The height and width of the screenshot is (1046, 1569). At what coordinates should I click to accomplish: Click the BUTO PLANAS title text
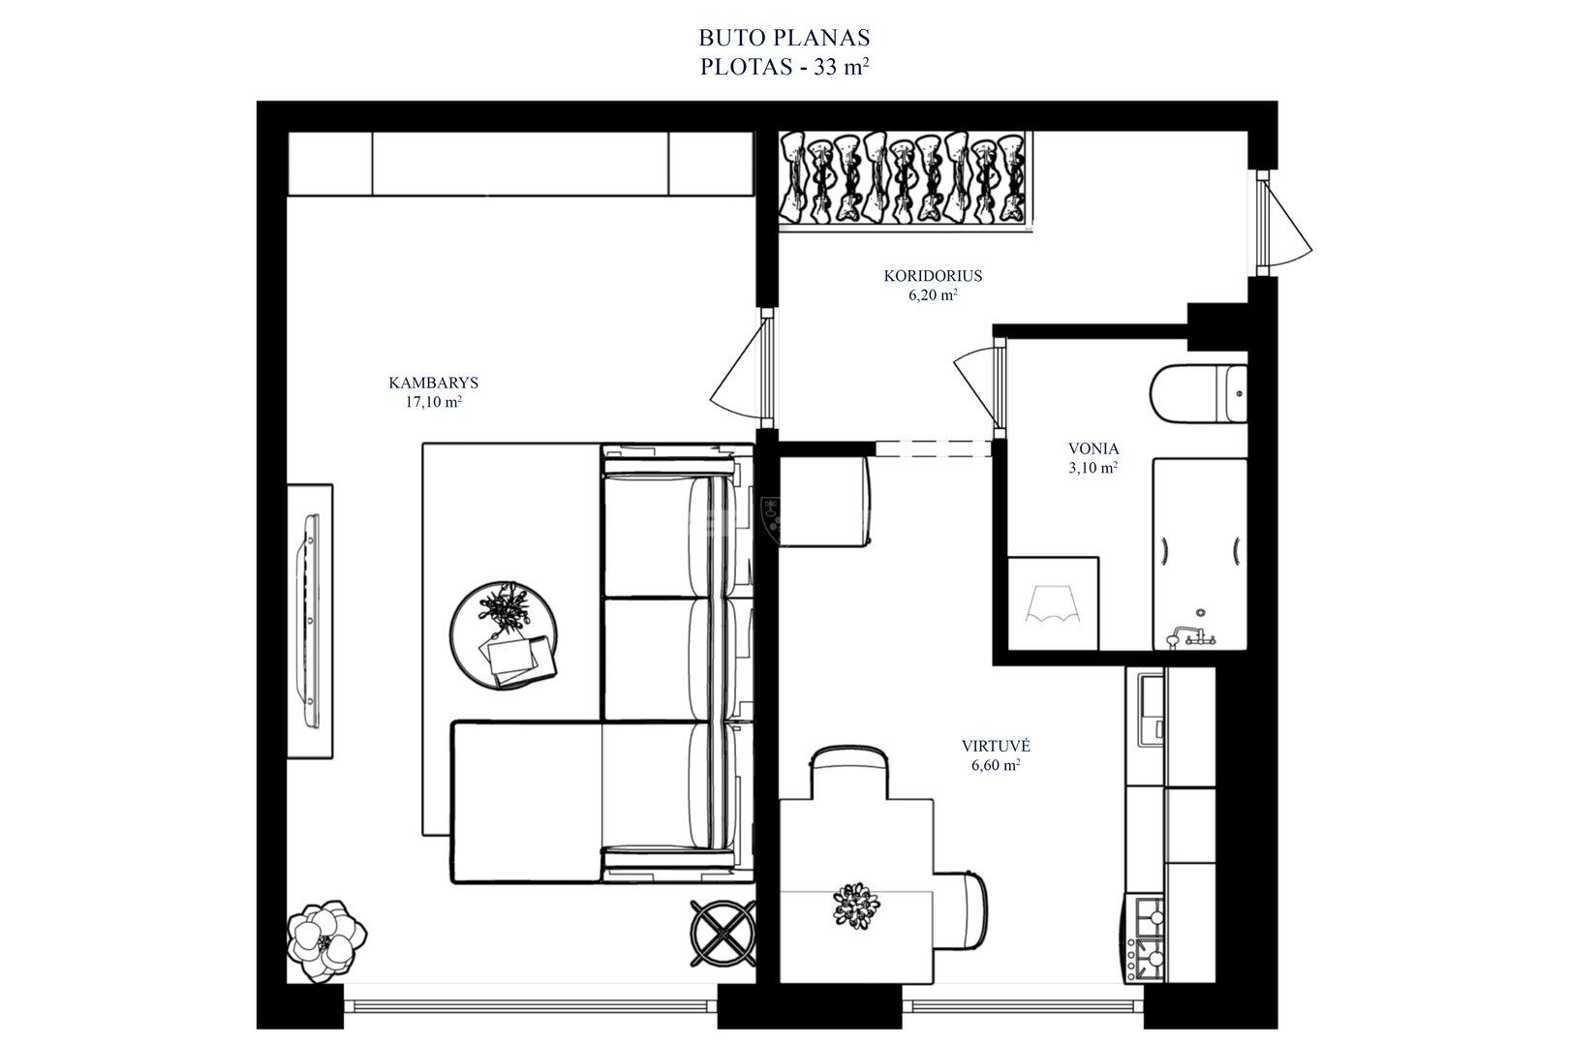(x=784, y=37)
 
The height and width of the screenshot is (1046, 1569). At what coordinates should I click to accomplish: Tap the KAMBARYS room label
(x=434, y=383)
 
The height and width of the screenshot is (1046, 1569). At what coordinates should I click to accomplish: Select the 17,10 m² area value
(x=434, y=401)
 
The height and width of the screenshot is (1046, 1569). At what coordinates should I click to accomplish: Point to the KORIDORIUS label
(x=933, y=276)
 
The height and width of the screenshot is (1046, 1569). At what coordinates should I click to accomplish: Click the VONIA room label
(x=1093, y=448)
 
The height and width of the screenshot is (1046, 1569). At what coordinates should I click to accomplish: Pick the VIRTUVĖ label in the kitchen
(x=996, y=746)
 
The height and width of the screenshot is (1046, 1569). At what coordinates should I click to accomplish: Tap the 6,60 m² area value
(x=996, y=765)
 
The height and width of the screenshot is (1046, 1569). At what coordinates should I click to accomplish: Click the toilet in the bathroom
(x=1198, y=394)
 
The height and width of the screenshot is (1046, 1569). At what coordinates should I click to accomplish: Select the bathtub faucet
(x=1189, y=636)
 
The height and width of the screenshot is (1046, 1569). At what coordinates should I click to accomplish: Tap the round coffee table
(x=504, y=635)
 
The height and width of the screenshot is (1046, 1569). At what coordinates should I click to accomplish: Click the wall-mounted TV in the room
(x=309, y=620)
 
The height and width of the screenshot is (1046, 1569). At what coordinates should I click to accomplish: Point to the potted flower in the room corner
(x=325, y=940)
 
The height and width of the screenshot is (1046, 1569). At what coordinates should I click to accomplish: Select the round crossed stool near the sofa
(x=723, y=934)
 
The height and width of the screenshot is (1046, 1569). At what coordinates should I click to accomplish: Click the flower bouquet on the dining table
(x=856, y=906)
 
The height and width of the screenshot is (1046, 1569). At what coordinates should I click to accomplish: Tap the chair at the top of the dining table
(x=849, y=772)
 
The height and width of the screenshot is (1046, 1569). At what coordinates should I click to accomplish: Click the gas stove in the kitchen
(x=1145, y=938)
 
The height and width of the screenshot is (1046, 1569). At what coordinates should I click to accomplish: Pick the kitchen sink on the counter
(x=1150, y=709)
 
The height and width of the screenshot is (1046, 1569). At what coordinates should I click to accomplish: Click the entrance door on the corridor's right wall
(x=1282, y=224)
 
